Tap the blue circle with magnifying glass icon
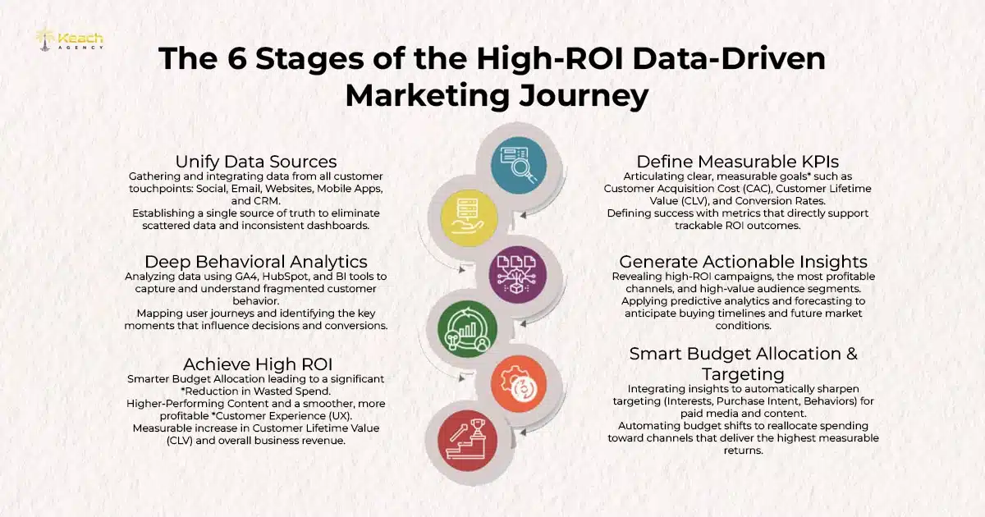click(519, 165)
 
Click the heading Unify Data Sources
click(256, 161)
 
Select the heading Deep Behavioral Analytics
click(255, 262)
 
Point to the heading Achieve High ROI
click(256, 364)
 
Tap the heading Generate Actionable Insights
click(743, 262)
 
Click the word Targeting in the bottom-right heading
click(743, 373)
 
